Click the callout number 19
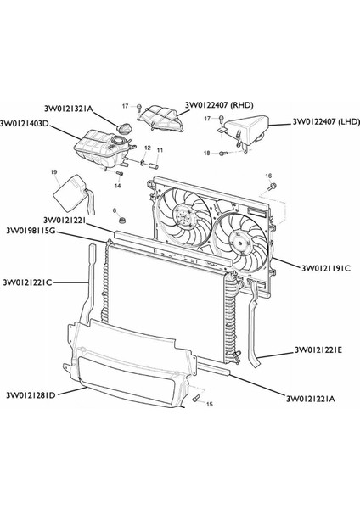[x=54, y=172]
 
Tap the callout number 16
[x=270, y=176]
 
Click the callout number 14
[x=118, y=185]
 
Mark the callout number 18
[x=205, y=153]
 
